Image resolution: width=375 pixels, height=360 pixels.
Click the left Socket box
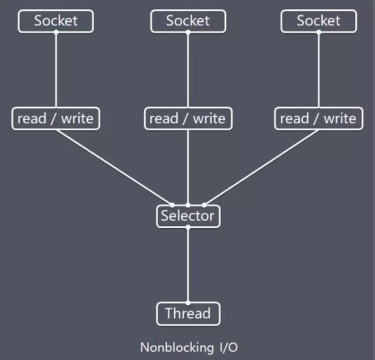tap(56, 21)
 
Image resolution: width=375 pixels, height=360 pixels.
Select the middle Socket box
tap(188, 21)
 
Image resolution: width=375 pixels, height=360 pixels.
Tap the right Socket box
tap(319, 21)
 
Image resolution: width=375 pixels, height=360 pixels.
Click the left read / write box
tap(56, 118)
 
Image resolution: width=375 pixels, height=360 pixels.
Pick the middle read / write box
tap(188, 118)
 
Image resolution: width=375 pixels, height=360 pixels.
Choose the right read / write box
tap(319, 118)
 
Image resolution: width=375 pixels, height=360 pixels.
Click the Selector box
tap(188, 216)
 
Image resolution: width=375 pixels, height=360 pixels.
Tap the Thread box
tap(188, 314)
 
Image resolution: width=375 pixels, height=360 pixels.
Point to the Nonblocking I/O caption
tap(187, 346)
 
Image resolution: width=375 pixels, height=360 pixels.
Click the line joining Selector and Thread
tap(188, 265)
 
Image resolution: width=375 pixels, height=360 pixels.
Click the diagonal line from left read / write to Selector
tap(114, 167)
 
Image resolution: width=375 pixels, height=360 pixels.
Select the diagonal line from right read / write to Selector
tap(262, 167)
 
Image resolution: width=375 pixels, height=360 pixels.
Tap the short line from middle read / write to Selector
tap(188, 166)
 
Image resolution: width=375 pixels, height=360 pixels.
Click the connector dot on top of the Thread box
tap(188, 302)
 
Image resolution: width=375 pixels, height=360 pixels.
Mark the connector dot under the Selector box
tap(188, 227)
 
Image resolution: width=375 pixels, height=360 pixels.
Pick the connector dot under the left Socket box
tap(56, 32)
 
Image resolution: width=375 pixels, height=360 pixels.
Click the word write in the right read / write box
tap(340, 118)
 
